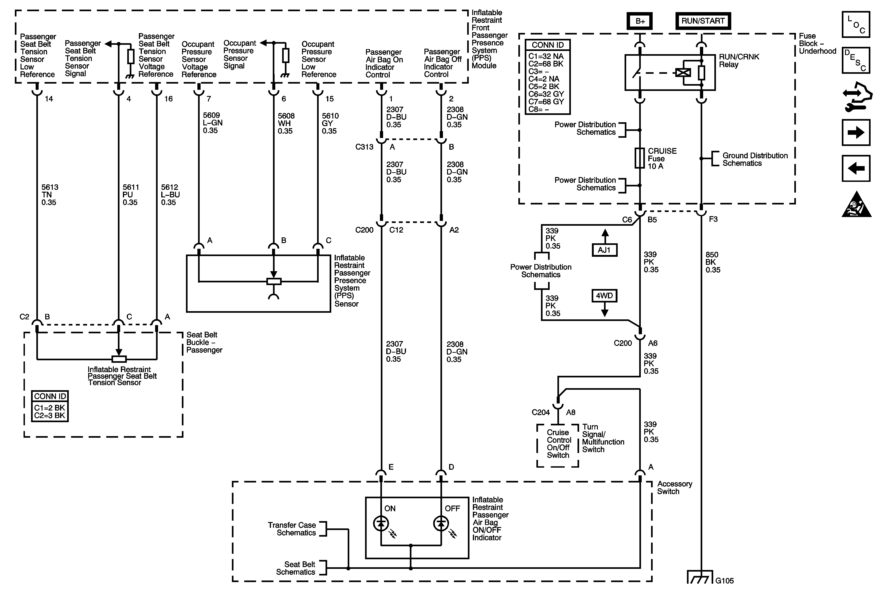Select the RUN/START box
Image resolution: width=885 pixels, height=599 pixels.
[x=703, y=21]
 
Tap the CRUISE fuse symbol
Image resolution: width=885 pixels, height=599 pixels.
[x=640, y=158]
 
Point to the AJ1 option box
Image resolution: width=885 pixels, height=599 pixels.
[x=604, y=250]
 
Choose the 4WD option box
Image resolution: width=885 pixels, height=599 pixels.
[x=604, y=296]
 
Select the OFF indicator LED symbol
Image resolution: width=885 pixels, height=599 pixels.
[x=441, y=524]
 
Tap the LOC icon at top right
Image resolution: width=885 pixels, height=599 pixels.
[x=856, y=24]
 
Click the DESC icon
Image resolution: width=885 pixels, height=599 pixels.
[x=856, y=60]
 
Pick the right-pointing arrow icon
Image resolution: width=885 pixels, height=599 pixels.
[x=856, y=133]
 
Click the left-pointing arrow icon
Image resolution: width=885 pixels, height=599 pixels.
[x=856, y=168]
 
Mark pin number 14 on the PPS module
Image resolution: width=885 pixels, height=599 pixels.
[x=49, y=99]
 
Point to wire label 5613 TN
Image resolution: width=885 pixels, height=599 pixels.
[x=50, y=195]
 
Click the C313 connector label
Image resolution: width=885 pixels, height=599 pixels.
[x=364, y=147]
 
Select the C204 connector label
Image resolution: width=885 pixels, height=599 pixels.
[x=541, y=412]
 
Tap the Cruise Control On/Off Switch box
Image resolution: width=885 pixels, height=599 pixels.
[x=558, y=445]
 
